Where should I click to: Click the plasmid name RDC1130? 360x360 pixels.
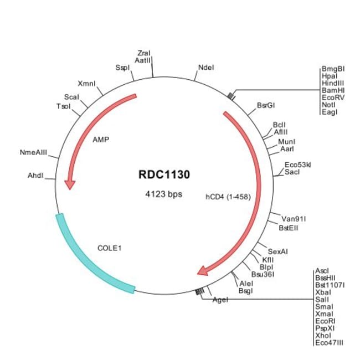(x=164, y=175)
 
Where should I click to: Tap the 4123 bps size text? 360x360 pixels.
(x=164, y=194)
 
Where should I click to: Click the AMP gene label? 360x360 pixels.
(x=100, y=139)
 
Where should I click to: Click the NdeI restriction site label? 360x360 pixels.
(x=205, y=68)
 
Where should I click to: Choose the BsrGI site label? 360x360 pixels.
(x=266, y=105)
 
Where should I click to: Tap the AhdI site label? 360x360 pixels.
(x=38, y=176)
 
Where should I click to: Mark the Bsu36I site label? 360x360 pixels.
(x=263, y=274)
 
